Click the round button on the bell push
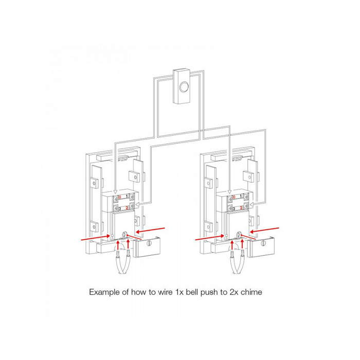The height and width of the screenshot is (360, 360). point(184,87)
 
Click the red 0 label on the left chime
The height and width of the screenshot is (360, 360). point(120,197)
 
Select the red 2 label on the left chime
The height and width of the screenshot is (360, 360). point(127,208)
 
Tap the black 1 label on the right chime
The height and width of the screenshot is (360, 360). point(241,196)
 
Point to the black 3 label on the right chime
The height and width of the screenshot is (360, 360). point(234,208)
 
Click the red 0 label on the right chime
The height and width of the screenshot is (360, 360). point(234,197)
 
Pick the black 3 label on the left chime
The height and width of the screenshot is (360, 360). point(120,208)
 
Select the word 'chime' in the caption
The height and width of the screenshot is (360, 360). point(251,292)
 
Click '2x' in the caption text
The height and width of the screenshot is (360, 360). point(233,292)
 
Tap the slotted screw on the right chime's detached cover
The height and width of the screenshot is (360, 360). point(263,243)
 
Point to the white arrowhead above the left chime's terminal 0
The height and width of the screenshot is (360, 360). point(116,191)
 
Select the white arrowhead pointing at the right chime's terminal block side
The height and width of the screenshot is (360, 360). point(252,204)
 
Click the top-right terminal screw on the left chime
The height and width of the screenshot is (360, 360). point(132,197)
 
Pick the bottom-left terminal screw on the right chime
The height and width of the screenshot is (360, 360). point(230,208)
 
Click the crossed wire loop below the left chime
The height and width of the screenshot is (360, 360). point(123,263)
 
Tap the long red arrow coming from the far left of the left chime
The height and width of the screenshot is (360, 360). point(96,238)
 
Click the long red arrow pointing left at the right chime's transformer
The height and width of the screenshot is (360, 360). point(264,230)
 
